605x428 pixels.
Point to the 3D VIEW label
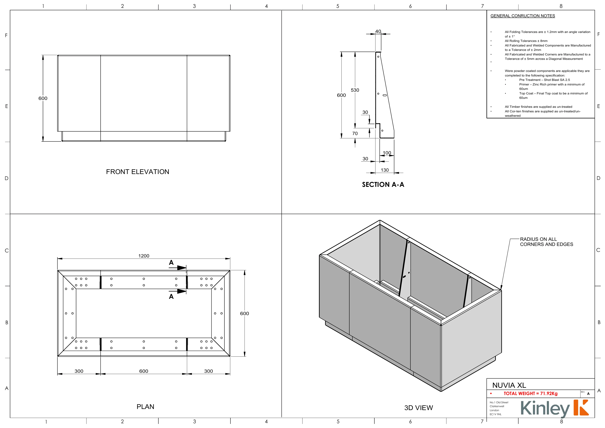418,408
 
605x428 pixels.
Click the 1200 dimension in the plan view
144,256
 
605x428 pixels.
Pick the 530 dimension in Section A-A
355,90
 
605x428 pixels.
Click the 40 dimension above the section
378,31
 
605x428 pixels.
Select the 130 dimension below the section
385,170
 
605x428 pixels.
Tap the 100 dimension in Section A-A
387,153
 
